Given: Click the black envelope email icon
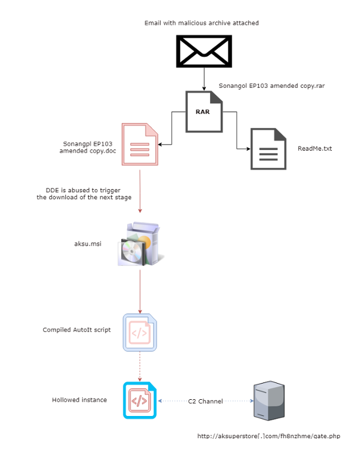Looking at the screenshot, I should pos(204,51).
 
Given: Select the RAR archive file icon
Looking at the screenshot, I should pos(204,111).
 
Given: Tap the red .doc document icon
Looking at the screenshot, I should pos(140,144).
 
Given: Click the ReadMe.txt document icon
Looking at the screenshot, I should pos(268,149).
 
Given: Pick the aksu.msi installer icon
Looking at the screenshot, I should pos(140,244).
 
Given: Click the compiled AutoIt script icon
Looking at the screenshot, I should pos(140,332).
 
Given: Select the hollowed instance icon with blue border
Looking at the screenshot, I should pos(140,400).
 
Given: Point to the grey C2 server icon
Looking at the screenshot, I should pos(268,400).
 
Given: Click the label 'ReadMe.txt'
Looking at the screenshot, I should pos(315,148).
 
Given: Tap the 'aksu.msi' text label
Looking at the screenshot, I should pos(87,245).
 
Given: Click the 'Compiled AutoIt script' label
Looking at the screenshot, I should pos(77,330).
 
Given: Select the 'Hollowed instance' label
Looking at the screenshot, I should pos(79,400).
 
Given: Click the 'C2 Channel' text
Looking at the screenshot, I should pos(206,401).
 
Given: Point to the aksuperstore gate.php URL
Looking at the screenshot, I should pos(268,436).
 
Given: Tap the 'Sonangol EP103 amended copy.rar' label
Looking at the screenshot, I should pos(272,86).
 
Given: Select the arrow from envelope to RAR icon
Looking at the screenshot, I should pos(204,78).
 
